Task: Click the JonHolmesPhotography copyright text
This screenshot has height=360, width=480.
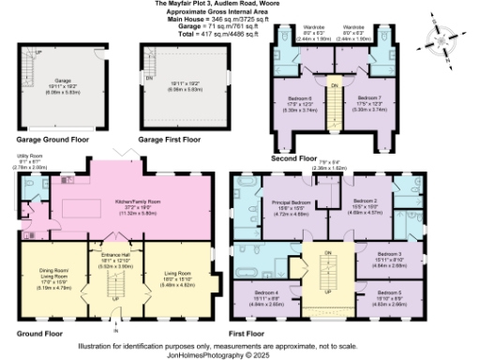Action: (240, 354)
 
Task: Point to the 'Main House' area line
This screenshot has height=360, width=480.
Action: (240, 18)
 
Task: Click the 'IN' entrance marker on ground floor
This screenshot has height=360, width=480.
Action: (116, 331)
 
